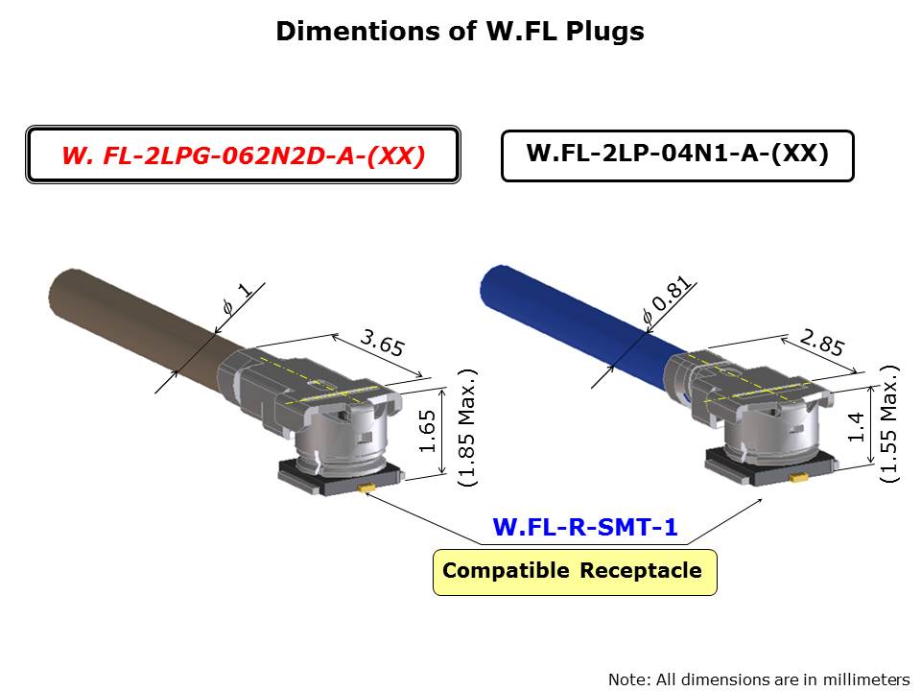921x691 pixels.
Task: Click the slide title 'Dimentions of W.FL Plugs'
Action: tap(460, 32)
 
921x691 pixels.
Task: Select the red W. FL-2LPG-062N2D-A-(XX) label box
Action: tap(243, 155)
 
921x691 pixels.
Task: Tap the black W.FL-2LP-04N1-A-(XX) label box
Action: tap(677, 155)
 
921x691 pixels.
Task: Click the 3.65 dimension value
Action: tap(382, 343)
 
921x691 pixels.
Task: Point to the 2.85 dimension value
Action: tap(821, 343)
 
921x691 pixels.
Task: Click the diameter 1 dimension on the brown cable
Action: tap(236, 298)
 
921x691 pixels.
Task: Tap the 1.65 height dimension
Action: tap(429, 431)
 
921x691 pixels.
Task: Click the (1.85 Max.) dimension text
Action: tap(467, 428)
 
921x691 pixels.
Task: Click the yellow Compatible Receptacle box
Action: tap(574, 572)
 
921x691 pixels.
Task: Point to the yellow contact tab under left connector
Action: tap(366, 488)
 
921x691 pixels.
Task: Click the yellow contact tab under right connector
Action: tap(793, 475)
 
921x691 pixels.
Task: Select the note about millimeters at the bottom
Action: tap(759, 679)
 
